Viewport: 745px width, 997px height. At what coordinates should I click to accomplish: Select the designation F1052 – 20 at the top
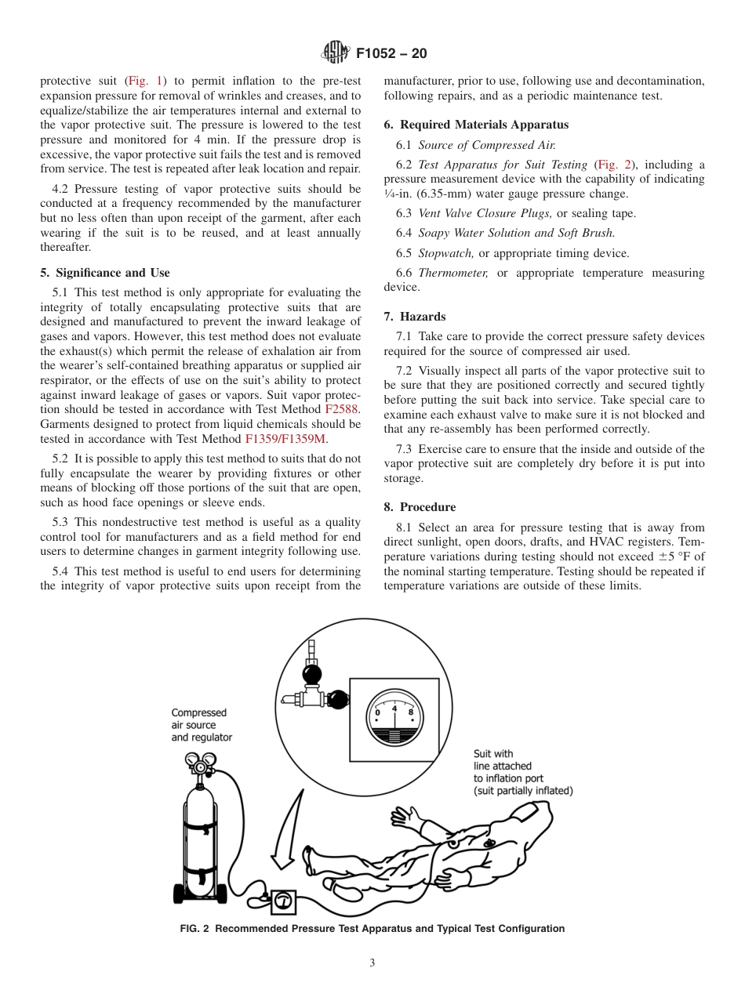(391, 53)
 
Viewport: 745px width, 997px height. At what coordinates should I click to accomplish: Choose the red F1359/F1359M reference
(285, 439)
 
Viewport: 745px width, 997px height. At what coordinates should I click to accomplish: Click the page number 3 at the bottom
(372, 963)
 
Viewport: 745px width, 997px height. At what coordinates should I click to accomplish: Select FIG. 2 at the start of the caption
(195, 929)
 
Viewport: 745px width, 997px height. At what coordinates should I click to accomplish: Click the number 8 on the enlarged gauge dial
(411, 712)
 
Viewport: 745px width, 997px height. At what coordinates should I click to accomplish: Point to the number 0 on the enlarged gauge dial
(378, 712)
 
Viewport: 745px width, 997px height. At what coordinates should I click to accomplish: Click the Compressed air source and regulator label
(202, 725)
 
